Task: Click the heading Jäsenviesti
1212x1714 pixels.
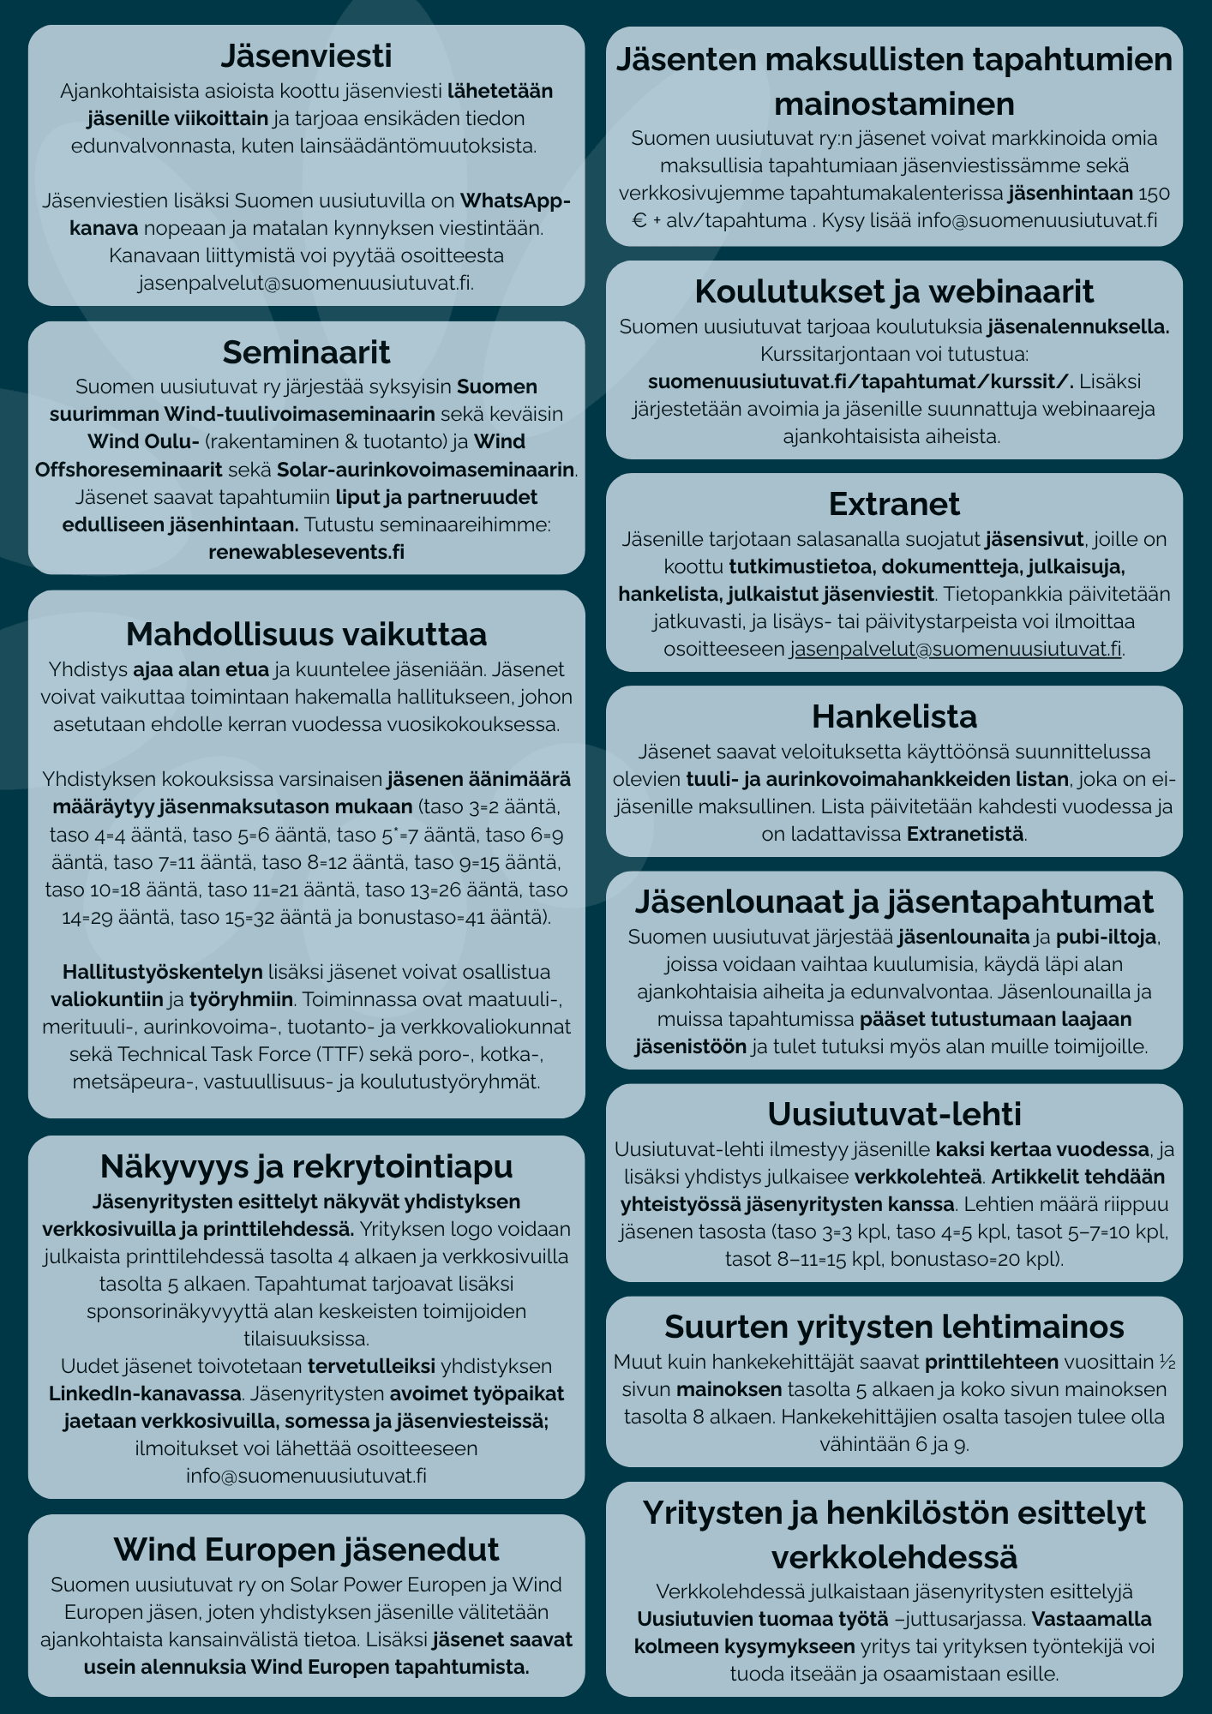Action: click(306, 56)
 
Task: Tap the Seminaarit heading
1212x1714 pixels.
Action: click(306, 352)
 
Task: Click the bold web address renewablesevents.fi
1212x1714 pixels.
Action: click(306, 551)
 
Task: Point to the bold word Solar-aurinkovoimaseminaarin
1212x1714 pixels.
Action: click(425, 470)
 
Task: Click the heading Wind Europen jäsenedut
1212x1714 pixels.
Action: click(306, 1549)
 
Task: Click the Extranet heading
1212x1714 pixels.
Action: click(894, 504)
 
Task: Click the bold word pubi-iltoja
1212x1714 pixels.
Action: click(1107, 937)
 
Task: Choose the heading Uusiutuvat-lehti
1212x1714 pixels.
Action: click(894, 1114)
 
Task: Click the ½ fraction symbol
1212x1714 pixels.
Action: click(1166, 1362)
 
